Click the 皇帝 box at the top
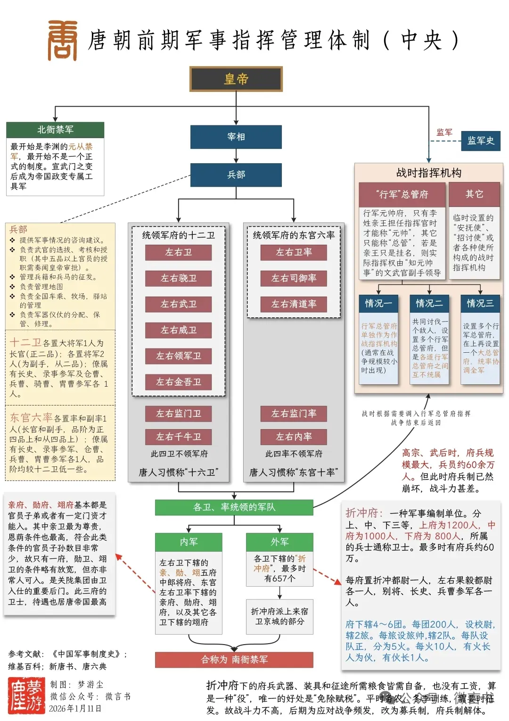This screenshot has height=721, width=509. pyautogui.click(x=236, y=79)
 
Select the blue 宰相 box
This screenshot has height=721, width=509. pyautogui.click(x=236, y=137)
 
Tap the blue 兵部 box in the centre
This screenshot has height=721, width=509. pyautogui.click(x=236, y=175)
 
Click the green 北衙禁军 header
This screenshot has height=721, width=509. pyautogui.click(x=55, y=130)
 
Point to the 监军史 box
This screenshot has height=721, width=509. pyautogui.click(x=480, y=141)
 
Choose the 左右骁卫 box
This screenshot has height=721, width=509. pyautogui.click(x=178, y=278)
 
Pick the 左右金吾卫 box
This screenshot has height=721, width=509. pyautogui.click(x=178, y=382)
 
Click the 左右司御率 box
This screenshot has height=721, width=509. pyautogui.click(x=294, y=278)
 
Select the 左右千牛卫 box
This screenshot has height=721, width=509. pyautogui.click(x=178, y=437)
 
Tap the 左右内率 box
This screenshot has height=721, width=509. pyautogui.click(x=294, y=437)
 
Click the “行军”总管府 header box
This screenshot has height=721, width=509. pyautogui.click(x=402, y=194)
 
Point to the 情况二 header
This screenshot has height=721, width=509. pyautogui.click(x=429, y=303)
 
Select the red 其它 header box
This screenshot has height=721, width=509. pyautogui.click(x=474, y=194)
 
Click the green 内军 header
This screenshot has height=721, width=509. pyautogui.click(x=189, y=542)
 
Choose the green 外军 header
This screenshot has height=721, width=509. pyautogui.click(x=279, y=542)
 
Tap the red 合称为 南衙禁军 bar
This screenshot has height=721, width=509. pyautogui.click(x=234, y=659)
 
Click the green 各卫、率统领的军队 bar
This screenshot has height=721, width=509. pyautogui.click(x=234, y=507)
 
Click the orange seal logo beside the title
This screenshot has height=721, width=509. pyautogui.click(x=63, y=41)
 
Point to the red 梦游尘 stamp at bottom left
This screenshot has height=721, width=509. pyautogui.click(x=26, y=696)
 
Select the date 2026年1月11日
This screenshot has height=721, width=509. pyautogui.click(x=75, y=708)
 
